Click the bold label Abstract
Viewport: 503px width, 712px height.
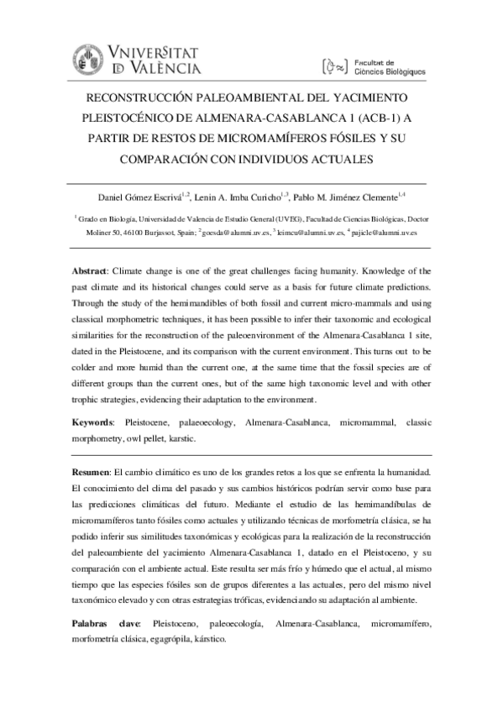90,273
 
